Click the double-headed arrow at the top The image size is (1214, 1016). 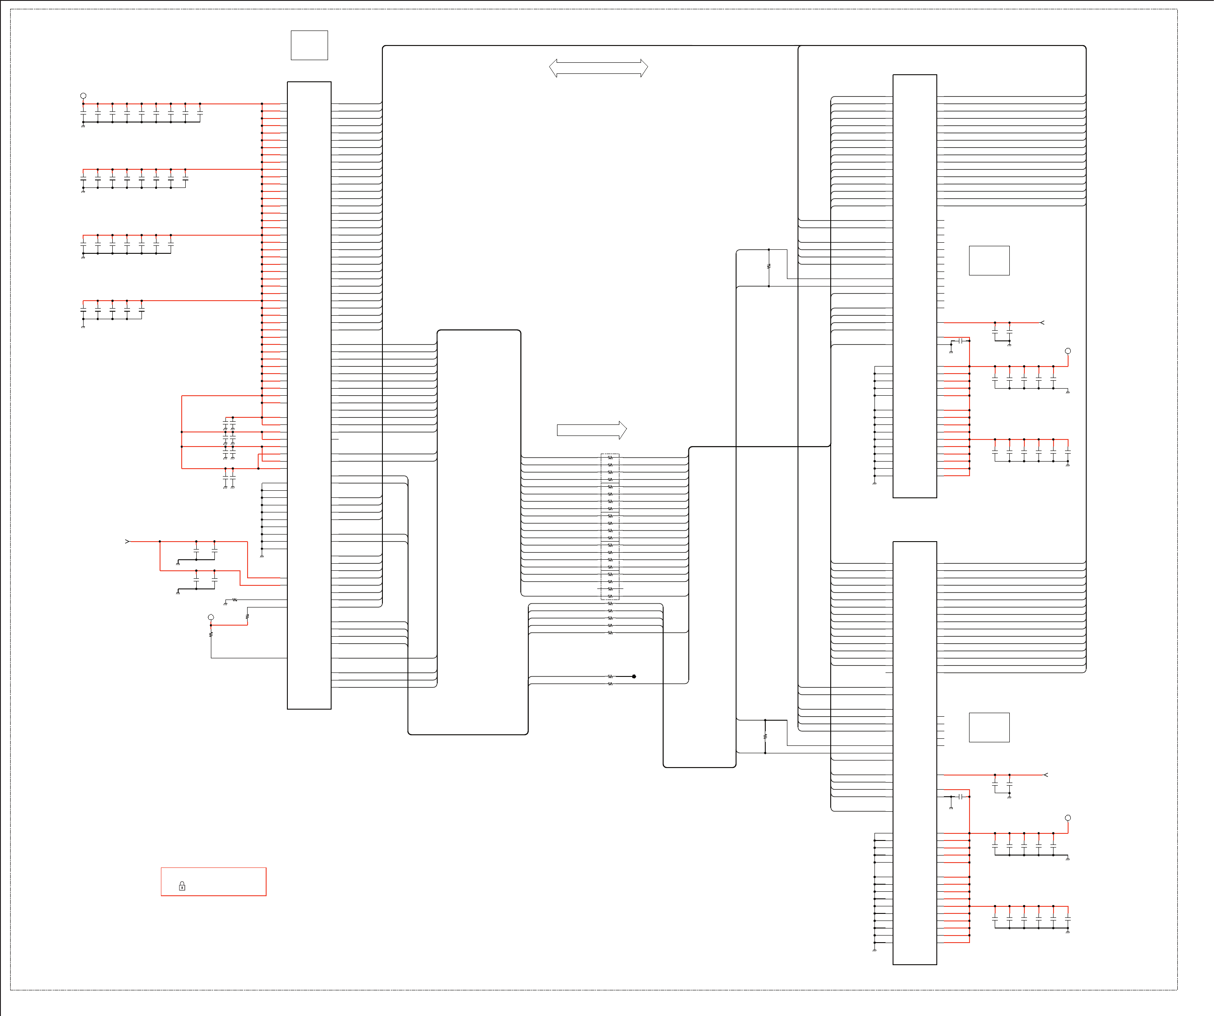click(x=598, y=68)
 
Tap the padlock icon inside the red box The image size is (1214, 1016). click(x=182, y=886)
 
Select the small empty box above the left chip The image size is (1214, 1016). click(x=309, y=45)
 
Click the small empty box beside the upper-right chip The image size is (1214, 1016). click(x=989, y=261)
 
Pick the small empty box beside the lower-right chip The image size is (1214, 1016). click(x=989, y=727)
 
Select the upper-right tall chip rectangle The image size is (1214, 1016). click(x=915, y=286)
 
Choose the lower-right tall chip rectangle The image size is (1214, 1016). click(x=915, y=753)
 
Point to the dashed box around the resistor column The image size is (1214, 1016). click(x=610, y=526)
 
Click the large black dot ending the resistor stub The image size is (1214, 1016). click(x=634, y=676)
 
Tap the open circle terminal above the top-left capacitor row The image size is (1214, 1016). click(x=83, y=96)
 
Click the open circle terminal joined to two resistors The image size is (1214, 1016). click(x=211, y=618)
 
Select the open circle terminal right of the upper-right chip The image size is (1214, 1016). click(x=1068, y=351)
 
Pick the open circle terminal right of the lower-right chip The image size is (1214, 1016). click(x=1068, y=817)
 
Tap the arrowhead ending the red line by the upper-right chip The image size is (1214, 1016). click(x=1042, y=323)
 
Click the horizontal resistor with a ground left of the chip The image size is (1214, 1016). click(x=235, y=600)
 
